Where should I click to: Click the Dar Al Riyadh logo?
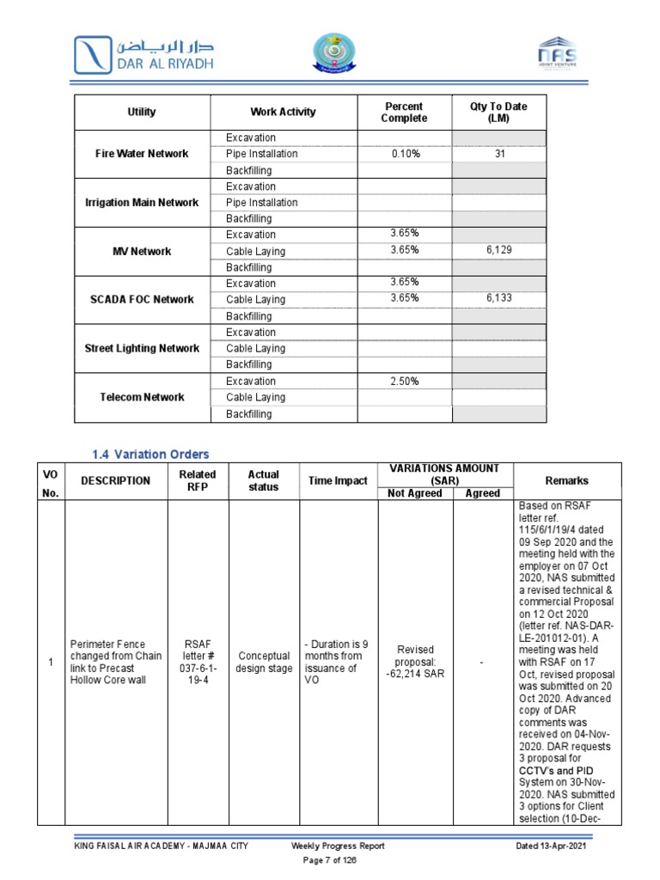(x=144, y=53)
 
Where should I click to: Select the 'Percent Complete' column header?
(x=404, y=112)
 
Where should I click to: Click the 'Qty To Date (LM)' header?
(x=498, y=112)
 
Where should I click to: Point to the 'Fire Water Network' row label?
(x=143, y=154)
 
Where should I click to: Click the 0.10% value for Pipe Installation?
(x=404, y=154)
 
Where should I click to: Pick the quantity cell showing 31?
(x=498, y=154)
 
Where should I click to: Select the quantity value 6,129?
(x=498, y=251)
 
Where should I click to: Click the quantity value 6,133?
(x=498, y=300)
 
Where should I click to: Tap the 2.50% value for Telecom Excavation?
(x=404, y=382)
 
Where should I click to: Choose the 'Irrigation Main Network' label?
(x=143, y=203)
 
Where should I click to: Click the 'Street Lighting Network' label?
(x=143, y=349)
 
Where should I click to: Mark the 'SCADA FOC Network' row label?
(x=143, y=300)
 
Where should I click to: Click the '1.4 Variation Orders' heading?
(x=150, y=454)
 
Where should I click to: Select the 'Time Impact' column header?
(x=338, y=481)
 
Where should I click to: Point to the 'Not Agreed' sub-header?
(x=415, y=493)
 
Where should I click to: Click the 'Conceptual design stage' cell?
(x=264, y=663)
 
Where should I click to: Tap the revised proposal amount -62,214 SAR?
(x=415, y=663)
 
